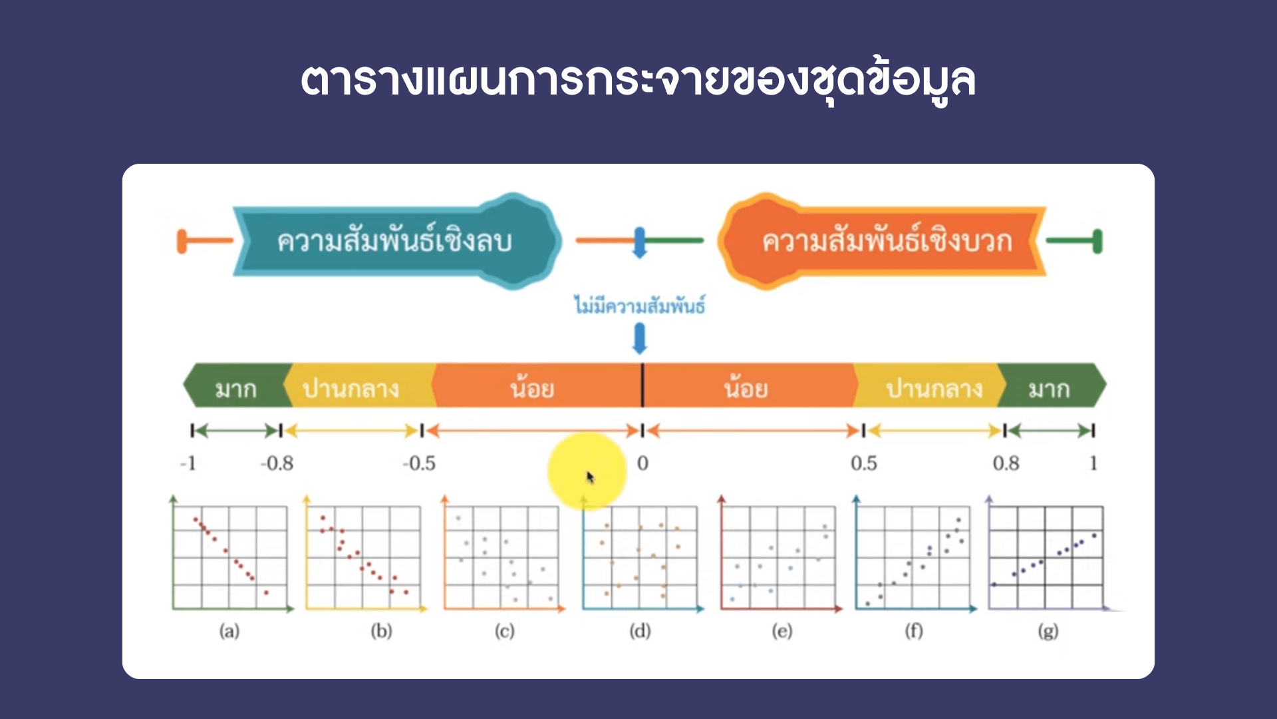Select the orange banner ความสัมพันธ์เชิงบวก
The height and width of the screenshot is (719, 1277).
click(x=882, y=241)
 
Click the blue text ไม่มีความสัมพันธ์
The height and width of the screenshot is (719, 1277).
click(x=640, y=306)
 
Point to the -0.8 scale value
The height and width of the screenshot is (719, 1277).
click(x=277, y=463)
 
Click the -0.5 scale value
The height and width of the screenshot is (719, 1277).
click(x=419, y=463)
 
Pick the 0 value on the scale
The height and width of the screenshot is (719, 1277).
click(x=642, y=463)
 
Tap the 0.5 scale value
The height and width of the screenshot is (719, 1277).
click(x=864, y=463)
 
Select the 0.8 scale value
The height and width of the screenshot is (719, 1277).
click(x=1006, y=463)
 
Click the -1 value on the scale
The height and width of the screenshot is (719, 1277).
click(x=188, y=463)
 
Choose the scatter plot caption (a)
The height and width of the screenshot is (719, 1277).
click(x=229, y=631)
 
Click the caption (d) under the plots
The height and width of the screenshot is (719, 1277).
click(x=640, y=631)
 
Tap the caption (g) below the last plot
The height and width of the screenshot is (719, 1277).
click(x=1048, y=631)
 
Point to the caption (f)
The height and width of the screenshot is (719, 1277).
click(x=914, y=631)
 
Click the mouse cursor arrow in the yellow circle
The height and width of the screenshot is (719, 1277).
click(x=590, y=477)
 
